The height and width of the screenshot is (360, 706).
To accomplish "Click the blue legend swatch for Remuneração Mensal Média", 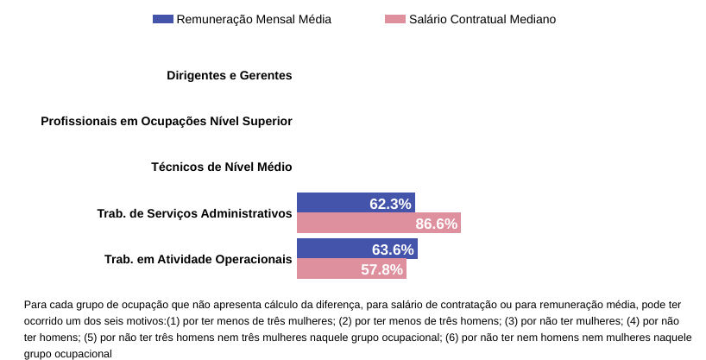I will (162, 19).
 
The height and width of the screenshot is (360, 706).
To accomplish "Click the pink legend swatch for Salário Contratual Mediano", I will (394, 19).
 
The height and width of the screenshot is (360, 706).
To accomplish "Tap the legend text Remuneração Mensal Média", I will (254, 19).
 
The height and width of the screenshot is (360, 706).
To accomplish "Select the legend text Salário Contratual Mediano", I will (482, 19).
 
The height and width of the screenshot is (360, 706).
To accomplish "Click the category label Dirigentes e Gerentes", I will (230, 75).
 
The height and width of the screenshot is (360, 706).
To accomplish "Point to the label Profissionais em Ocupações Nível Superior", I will (167, 121).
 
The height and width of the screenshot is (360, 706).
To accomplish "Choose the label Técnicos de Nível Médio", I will (222, 167).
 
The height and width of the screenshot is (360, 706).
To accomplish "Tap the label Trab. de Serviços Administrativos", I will (195, 212).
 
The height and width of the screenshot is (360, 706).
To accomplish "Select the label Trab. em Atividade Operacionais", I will (199, 259).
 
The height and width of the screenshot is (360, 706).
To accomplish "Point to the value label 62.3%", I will (390, 204).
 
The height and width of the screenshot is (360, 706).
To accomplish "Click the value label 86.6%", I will (436, 224).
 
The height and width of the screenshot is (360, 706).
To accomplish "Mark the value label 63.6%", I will (393, 249).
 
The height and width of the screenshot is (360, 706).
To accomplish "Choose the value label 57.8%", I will (381, 269).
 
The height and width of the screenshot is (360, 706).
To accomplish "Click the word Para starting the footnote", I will (35, 304).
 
